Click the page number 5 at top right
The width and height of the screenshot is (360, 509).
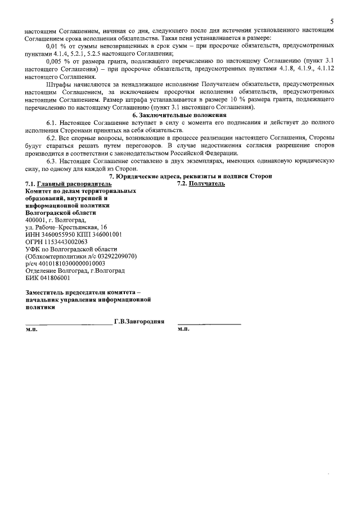coord(332,21)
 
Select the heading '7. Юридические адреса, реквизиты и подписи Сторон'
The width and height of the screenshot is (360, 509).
coord(190,177)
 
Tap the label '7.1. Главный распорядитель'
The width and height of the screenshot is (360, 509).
coord(68,184)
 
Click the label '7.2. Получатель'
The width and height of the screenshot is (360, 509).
coord(201,184)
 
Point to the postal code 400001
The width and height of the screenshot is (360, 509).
coord(38,220)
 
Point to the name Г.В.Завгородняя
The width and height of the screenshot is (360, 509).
coord(139,322)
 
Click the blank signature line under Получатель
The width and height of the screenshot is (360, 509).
coord(209,324)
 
